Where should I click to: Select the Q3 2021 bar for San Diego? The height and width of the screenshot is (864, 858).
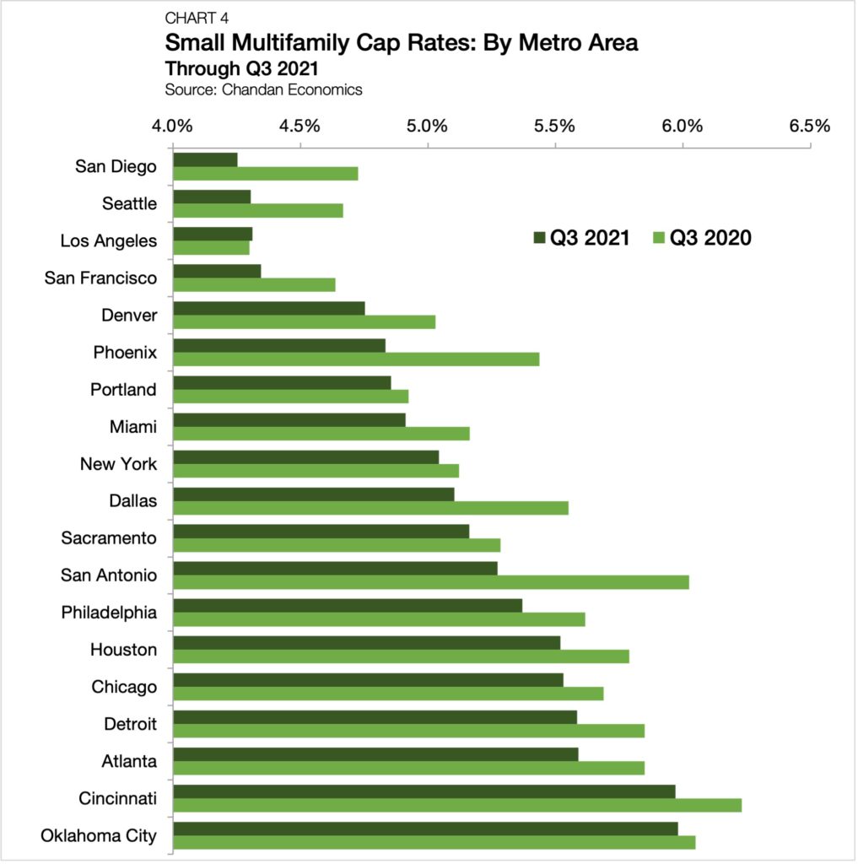coord(205,159)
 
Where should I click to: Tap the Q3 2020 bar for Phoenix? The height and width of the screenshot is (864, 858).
coord(355,359)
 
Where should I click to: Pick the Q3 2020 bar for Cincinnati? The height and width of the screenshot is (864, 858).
coord(456,805)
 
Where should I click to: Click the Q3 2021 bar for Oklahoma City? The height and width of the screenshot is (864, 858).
coord(425,829)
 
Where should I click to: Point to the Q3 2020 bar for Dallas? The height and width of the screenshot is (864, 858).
coord(370,508)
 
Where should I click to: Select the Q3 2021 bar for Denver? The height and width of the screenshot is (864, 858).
coord(268,308)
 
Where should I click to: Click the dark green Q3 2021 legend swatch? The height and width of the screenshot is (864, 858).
coord(539,239)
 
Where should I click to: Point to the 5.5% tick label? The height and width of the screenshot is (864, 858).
coord(555,127)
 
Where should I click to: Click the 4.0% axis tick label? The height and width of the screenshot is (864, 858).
coord(173,127)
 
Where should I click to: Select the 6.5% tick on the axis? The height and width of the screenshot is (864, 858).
coord(810,127)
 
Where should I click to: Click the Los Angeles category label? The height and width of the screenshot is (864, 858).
coord(108,241)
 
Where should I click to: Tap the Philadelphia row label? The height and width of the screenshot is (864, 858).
coord(109,613)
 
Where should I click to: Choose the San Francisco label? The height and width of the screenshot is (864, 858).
coord(100,278)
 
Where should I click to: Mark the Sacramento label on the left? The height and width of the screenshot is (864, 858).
coord(109,538)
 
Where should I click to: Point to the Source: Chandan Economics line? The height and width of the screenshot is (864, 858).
coord(263,90)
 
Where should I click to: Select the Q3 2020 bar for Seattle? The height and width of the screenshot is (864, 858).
coord(257,211)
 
